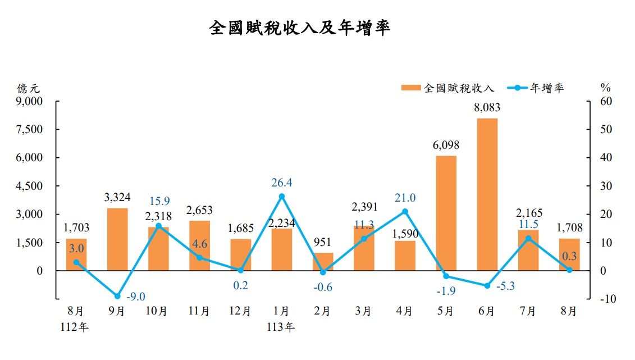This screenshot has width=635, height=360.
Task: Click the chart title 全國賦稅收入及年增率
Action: click(300, 29)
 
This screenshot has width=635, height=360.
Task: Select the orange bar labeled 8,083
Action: click(487, 194)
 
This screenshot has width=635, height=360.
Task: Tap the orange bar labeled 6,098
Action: click(446, 213)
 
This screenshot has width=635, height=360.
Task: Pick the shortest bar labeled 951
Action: click(323, 262)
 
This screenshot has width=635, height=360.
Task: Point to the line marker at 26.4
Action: click(282, 196)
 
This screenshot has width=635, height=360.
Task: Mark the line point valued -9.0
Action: click(117, 296)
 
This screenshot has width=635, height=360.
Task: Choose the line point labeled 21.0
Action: click(405, 211)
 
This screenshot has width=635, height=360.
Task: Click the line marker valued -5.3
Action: click(487, 286)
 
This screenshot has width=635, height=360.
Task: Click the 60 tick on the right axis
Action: click(605, 102)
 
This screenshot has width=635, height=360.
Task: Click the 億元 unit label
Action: click(29, 88)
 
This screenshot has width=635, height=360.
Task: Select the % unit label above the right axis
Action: click(605, 88)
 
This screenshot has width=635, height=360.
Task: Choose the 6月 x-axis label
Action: click(487, 311)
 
